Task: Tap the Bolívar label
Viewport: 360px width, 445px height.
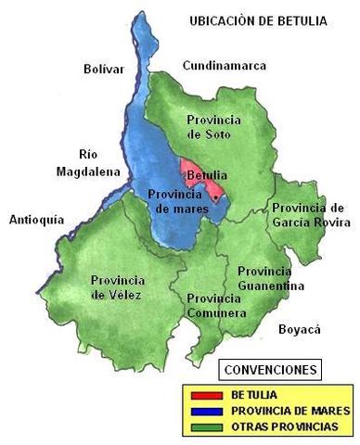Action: [103, 69]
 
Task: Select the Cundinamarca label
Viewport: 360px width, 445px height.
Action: [224, 66]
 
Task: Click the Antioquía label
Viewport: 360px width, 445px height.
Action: [36, 220]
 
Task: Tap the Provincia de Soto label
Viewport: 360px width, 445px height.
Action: [213, 127]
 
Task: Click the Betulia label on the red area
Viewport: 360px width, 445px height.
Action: [204, 175]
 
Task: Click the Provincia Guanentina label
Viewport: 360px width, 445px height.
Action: [270, 279]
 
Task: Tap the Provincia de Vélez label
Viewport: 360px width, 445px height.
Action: [119, 287]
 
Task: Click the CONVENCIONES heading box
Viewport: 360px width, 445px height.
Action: [269, 370]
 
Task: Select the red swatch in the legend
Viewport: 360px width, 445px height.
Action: [203, 395]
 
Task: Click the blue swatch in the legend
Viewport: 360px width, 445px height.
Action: [203, 411]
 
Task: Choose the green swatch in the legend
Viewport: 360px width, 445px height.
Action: [203, 426]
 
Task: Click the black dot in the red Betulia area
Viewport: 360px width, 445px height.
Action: [214, 197]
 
